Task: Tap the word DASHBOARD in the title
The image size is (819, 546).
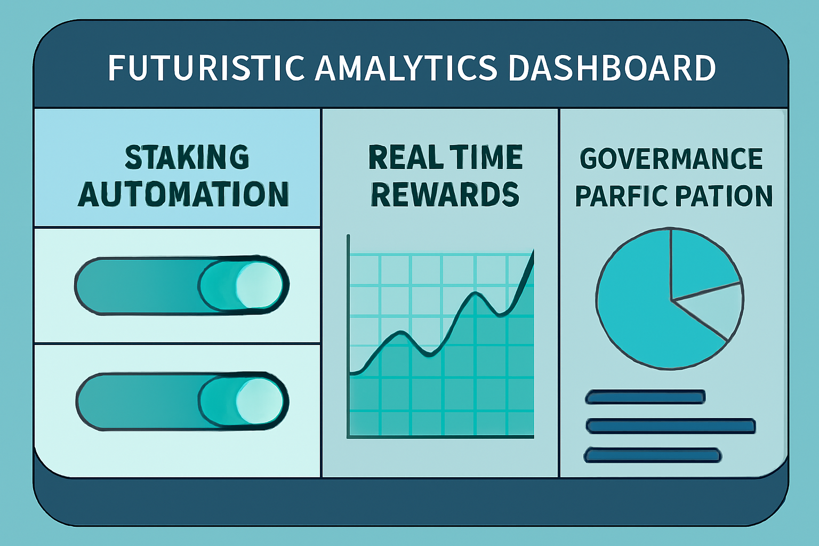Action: coord(612,68)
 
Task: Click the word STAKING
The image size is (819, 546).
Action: coord(187,157)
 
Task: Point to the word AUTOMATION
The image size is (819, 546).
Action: coord(183,194)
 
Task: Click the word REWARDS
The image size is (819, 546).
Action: coord(445,194)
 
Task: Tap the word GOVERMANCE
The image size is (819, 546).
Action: coord(671,159)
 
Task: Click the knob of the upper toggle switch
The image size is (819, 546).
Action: coord(259,285)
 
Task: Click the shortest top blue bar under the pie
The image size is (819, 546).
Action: coord(645,397)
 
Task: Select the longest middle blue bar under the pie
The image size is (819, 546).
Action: coord(670,425)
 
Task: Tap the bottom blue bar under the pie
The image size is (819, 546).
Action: coord(653,455)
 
